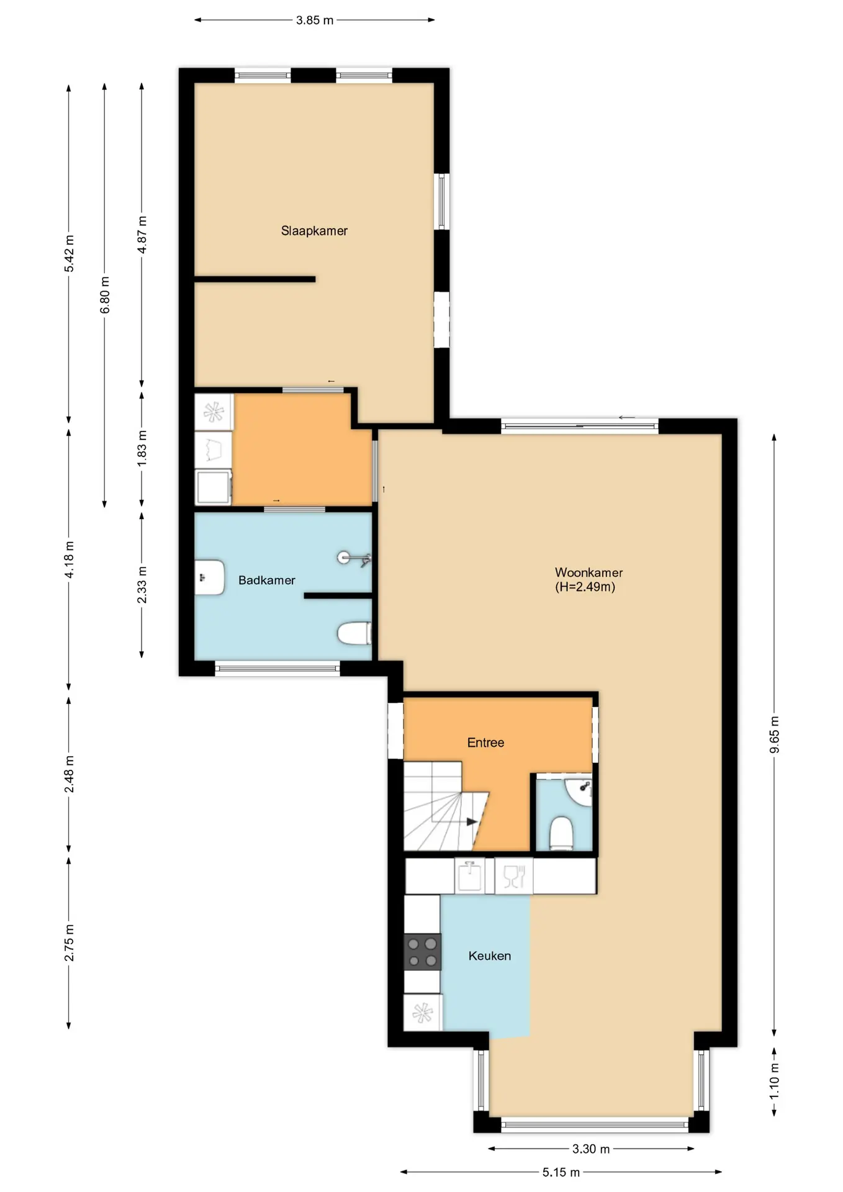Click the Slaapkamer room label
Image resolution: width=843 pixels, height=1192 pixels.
(314, 231)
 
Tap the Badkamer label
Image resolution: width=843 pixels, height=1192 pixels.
(267, 580)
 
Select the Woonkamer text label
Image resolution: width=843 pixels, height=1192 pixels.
(588, 572)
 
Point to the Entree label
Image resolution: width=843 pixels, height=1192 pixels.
(485, 743)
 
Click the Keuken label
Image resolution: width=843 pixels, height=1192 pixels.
(490, 956)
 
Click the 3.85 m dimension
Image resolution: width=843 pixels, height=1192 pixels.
(315, 20)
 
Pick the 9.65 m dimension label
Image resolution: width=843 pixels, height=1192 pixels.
(774, 734)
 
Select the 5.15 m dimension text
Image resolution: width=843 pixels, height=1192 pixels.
(561, 1172)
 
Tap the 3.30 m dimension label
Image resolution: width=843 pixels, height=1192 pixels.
(591, 1149)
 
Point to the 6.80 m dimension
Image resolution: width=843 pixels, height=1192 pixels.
(105, 295)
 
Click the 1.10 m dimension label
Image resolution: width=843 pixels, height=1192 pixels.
(774, 1081)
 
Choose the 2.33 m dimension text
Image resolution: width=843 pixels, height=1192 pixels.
(142, 585)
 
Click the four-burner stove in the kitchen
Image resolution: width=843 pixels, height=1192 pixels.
(423, 952)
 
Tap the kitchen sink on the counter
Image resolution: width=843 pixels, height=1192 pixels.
(469, 876)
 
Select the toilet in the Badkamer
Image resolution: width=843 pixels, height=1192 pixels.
(354, 634)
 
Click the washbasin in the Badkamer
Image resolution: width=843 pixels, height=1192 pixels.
(209, 578)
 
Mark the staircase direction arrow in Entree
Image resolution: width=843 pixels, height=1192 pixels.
(472, 822)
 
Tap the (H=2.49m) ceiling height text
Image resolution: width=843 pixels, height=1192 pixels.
(585, 587)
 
